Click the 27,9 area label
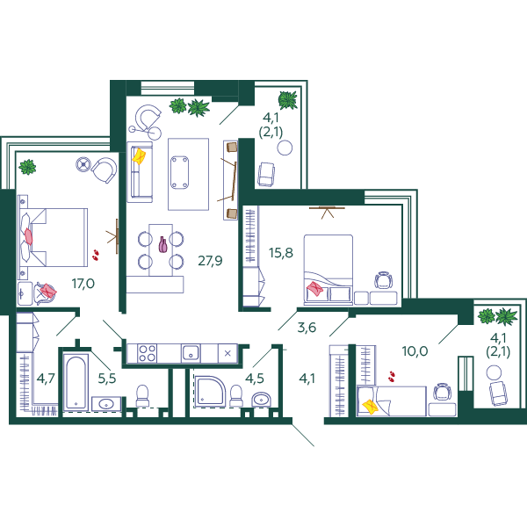[x=210, y=261]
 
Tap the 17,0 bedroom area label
[x=83, y=284]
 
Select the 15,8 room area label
[x=281, y=253]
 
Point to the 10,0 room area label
[x=415, y=351]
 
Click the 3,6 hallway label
[x=307, y=327]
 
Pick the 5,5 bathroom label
[x=107, y=379]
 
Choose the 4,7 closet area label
[x=46, y=379]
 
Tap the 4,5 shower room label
[x=255, y=379]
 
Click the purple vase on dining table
[x=163, y=244]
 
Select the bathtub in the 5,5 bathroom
[x=76, y=381]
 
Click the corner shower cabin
[x=210, y=392]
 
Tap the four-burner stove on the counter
[x=148, y=353]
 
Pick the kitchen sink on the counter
[x=191, y=353]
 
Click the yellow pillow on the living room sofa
[x=139, y=156]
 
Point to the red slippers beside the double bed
[x=96, y=255]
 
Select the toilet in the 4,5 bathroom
[x=236, y=396]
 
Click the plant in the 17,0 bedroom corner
[x=27, y=167]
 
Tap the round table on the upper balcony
[x=285, y=148]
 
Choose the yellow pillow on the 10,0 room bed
[x=371, y=407]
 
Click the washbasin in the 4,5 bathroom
[x=262, y=400]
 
